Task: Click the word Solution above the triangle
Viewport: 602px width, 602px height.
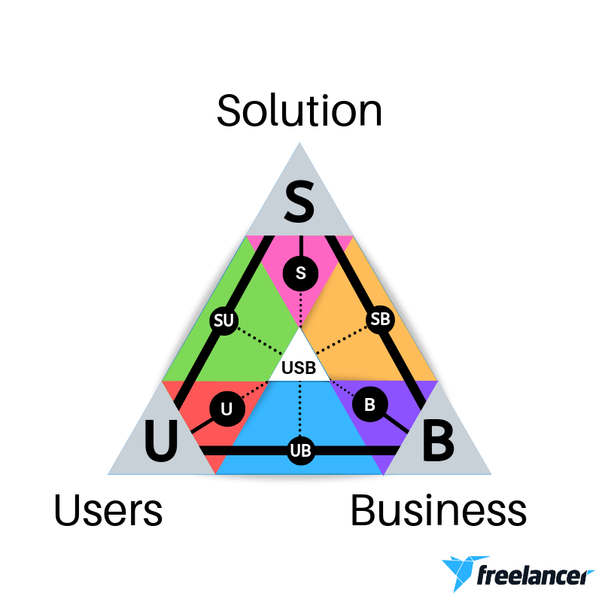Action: (x=299, y=111)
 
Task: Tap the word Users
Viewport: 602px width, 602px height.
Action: (x=108, y=510)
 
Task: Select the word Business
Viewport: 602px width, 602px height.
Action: (x=439, y=510)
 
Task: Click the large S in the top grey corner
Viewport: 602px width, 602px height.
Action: (x=299, y=202)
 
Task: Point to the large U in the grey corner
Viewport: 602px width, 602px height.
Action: (x=161, y=440)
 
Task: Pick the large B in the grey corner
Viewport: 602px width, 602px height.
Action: (x=438, y=440)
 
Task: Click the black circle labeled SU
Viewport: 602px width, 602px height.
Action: (x=223, y=321)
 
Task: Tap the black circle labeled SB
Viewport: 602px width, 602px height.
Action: (x=380, y=319)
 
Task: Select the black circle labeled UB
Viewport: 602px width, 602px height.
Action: (x=300, y=450)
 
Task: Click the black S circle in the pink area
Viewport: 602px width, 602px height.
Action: (x=300, y=273)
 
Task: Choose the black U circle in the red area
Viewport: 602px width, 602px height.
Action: (x=227, y=409)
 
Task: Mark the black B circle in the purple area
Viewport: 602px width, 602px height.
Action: (x=369, y=404)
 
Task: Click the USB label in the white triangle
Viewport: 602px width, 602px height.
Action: (x=299, y=368)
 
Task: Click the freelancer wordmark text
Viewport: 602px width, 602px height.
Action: (x=535, y=575)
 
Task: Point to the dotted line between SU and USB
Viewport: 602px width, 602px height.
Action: (x=260, y=341)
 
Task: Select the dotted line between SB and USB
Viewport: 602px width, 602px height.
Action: (x=342, y=340)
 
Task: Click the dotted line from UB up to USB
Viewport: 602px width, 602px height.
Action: (x=299, y=409)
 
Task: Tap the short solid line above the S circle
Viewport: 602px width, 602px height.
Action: (x=301, y=246)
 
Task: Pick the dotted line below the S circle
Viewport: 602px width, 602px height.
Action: (x=300, y=309)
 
